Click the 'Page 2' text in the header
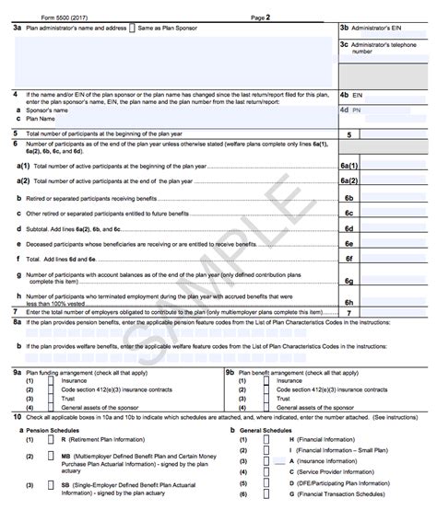tap(261, 17)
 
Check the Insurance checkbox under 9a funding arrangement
tap(50, 378)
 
